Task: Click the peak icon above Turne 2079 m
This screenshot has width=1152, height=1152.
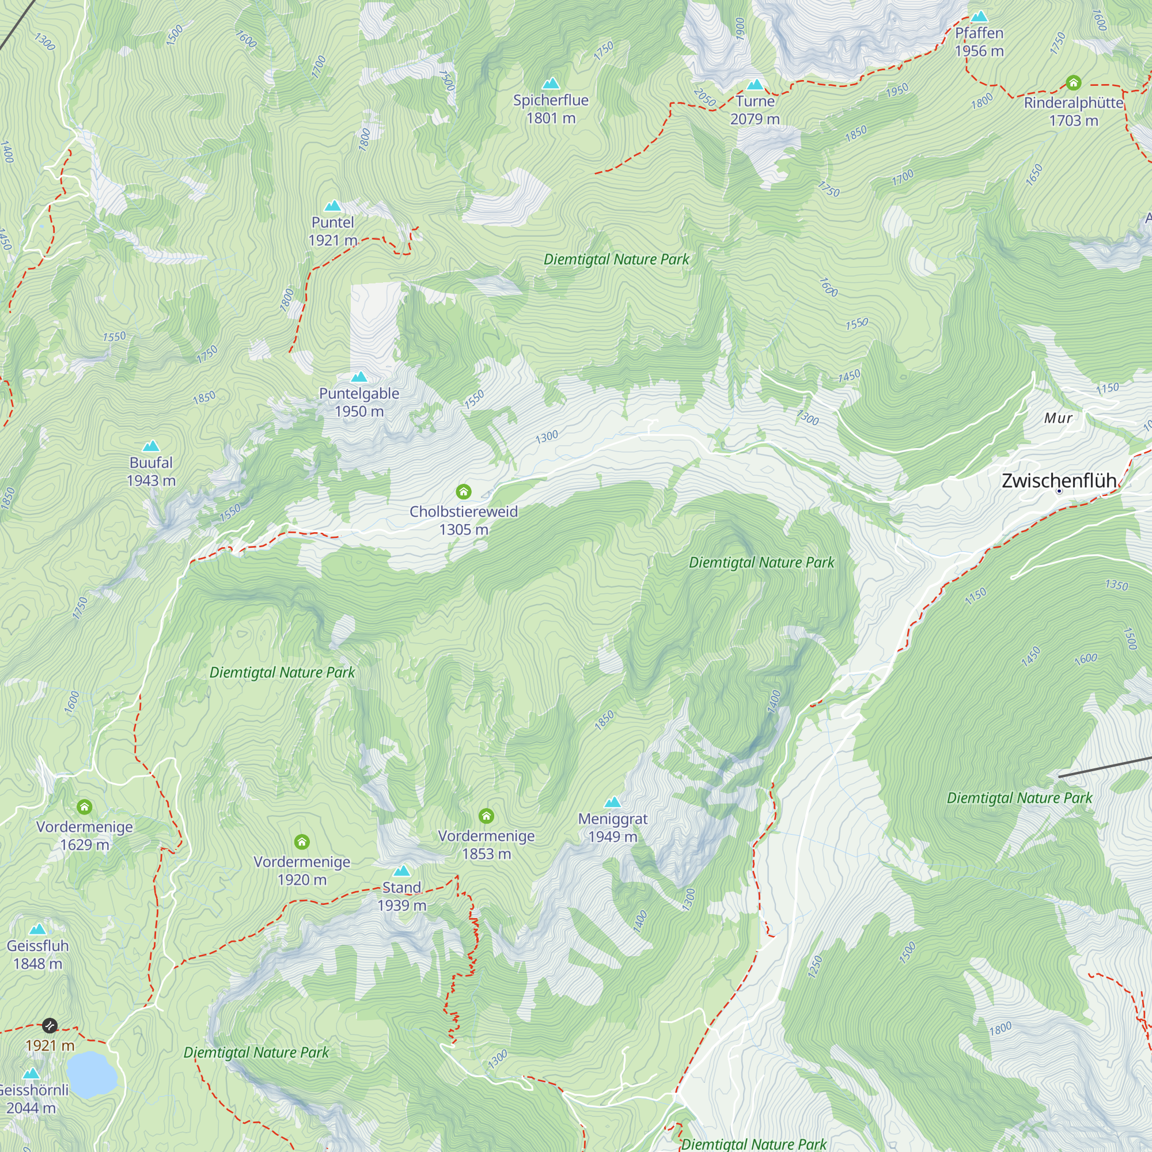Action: (x=755, y=85)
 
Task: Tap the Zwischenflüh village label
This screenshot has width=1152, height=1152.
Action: (x=1058, y=480)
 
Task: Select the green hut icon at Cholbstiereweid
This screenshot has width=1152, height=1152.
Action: (x=463, y=491)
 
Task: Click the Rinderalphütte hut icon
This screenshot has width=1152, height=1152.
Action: (x=1073, y=82)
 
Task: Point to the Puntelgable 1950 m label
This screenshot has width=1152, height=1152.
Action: (x=359, y=402)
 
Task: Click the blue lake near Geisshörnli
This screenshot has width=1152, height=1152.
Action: (x=91, y=1074)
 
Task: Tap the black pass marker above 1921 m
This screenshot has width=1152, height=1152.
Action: (x=50, y=1026)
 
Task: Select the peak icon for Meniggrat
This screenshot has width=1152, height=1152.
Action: (x=612, y=802)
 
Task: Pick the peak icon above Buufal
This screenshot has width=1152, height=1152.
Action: (x=151, y=446)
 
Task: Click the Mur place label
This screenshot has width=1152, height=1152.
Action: (x=1058, y=418)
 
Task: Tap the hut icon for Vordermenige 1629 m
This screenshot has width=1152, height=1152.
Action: (x=84, y=808)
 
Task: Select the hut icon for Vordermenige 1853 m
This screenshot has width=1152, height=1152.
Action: (x=486, y=816)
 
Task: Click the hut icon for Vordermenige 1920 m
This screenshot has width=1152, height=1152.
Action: (x=302, y=842)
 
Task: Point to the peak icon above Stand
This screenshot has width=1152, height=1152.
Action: (x=402, y=871)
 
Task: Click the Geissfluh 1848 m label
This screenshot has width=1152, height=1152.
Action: (x=37, y=954)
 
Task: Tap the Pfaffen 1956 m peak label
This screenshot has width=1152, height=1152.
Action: (x=979, y=41)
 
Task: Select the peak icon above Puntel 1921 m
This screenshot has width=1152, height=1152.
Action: (x=332, y=206)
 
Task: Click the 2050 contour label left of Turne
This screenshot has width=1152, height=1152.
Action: (x=705, y=97)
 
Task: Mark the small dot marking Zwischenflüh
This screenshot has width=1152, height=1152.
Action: (x=1059, y=491)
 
